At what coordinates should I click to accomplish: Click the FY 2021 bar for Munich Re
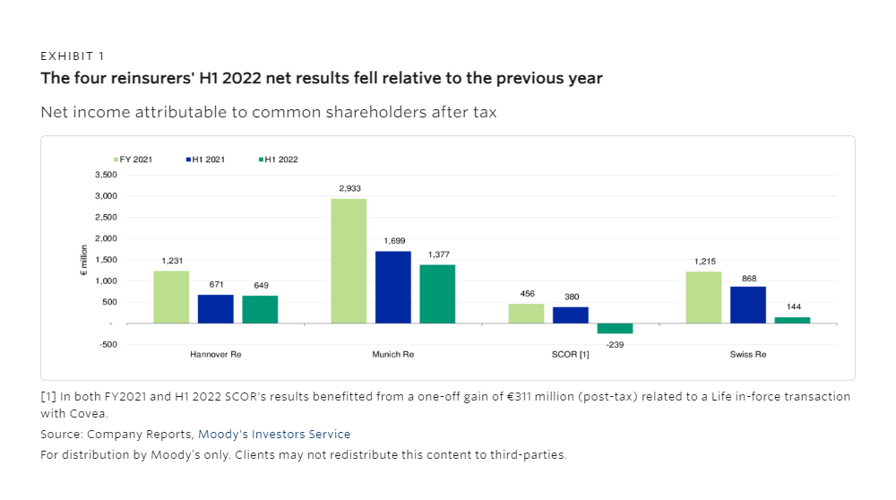point(349,261)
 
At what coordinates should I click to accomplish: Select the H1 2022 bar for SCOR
point(615,329)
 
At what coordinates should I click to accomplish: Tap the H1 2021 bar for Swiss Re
point(747,305)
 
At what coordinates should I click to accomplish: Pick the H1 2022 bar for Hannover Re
point(260,309)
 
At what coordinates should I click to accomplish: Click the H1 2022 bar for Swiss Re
point(792,320)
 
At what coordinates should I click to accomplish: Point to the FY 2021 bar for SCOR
point(526,314)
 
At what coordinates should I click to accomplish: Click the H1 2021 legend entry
point(206,159)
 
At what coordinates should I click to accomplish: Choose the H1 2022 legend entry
point(279,159)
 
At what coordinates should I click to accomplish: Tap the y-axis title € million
point(83,259)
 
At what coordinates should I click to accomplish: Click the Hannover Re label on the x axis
point(216,355)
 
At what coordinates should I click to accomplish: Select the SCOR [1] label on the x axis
point(571,355)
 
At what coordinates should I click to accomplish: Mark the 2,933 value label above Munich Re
point(349,188)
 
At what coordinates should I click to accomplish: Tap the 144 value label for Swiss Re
point(792,306)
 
